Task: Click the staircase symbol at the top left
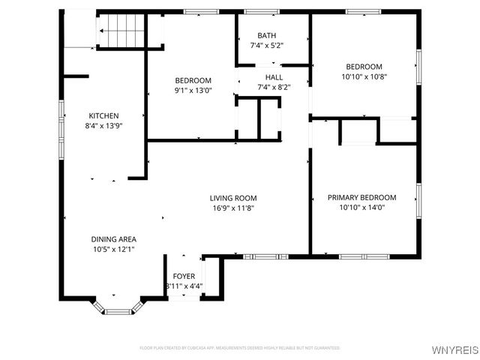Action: tap(121, 31)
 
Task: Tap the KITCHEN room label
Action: tap(103, 115)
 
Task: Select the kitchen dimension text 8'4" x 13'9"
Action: tap(103, 126)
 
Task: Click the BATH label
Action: tap(266, 35)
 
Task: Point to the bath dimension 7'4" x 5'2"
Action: tap(266, 46)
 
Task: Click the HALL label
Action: tap(273, 76)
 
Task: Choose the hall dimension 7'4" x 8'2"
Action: tap(273, 87)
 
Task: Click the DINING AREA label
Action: tap(114, 239)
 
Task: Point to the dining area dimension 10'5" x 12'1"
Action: tap(114, 250)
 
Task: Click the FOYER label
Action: tap(184, 276)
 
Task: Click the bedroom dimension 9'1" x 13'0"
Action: tap(193, 91)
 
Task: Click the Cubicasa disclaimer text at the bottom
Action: tap(239, 348)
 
